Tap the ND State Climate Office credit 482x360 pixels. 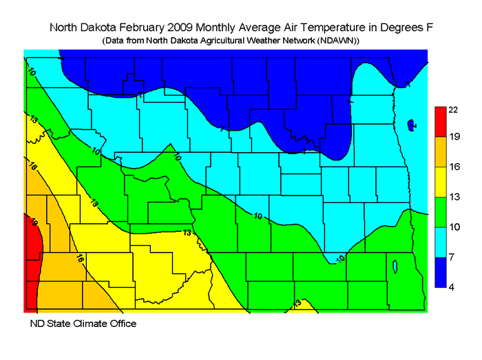(83, 323)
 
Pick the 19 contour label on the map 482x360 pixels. (32, 222)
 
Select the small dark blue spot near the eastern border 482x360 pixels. (410, 125)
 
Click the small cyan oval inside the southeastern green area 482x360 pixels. (393, 266)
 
